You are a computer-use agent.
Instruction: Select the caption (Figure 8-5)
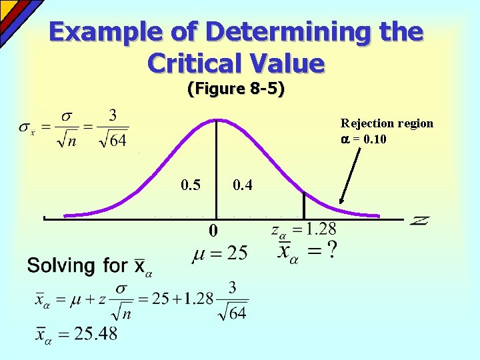(236, 89)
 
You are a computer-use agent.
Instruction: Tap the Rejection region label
(387, 123)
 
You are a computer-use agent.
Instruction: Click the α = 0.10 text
(363, 139)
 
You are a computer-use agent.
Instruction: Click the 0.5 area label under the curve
(191, 185)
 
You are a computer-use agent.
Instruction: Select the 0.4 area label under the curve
(242, 185)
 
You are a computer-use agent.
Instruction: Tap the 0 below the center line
(212, 232)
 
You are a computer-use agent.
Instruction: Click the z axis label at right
(419, 220)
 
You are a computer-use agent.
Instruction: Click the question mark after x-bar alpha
(331, 251)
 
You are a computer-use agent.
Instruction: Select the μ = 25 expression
(220, 253)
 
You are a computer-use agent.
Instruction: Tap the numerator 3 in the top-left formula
(113, 116)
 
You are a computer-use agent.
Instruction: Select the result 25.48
(97, 333)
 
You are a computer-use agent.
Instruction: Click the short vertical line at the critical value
(304, 205)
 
